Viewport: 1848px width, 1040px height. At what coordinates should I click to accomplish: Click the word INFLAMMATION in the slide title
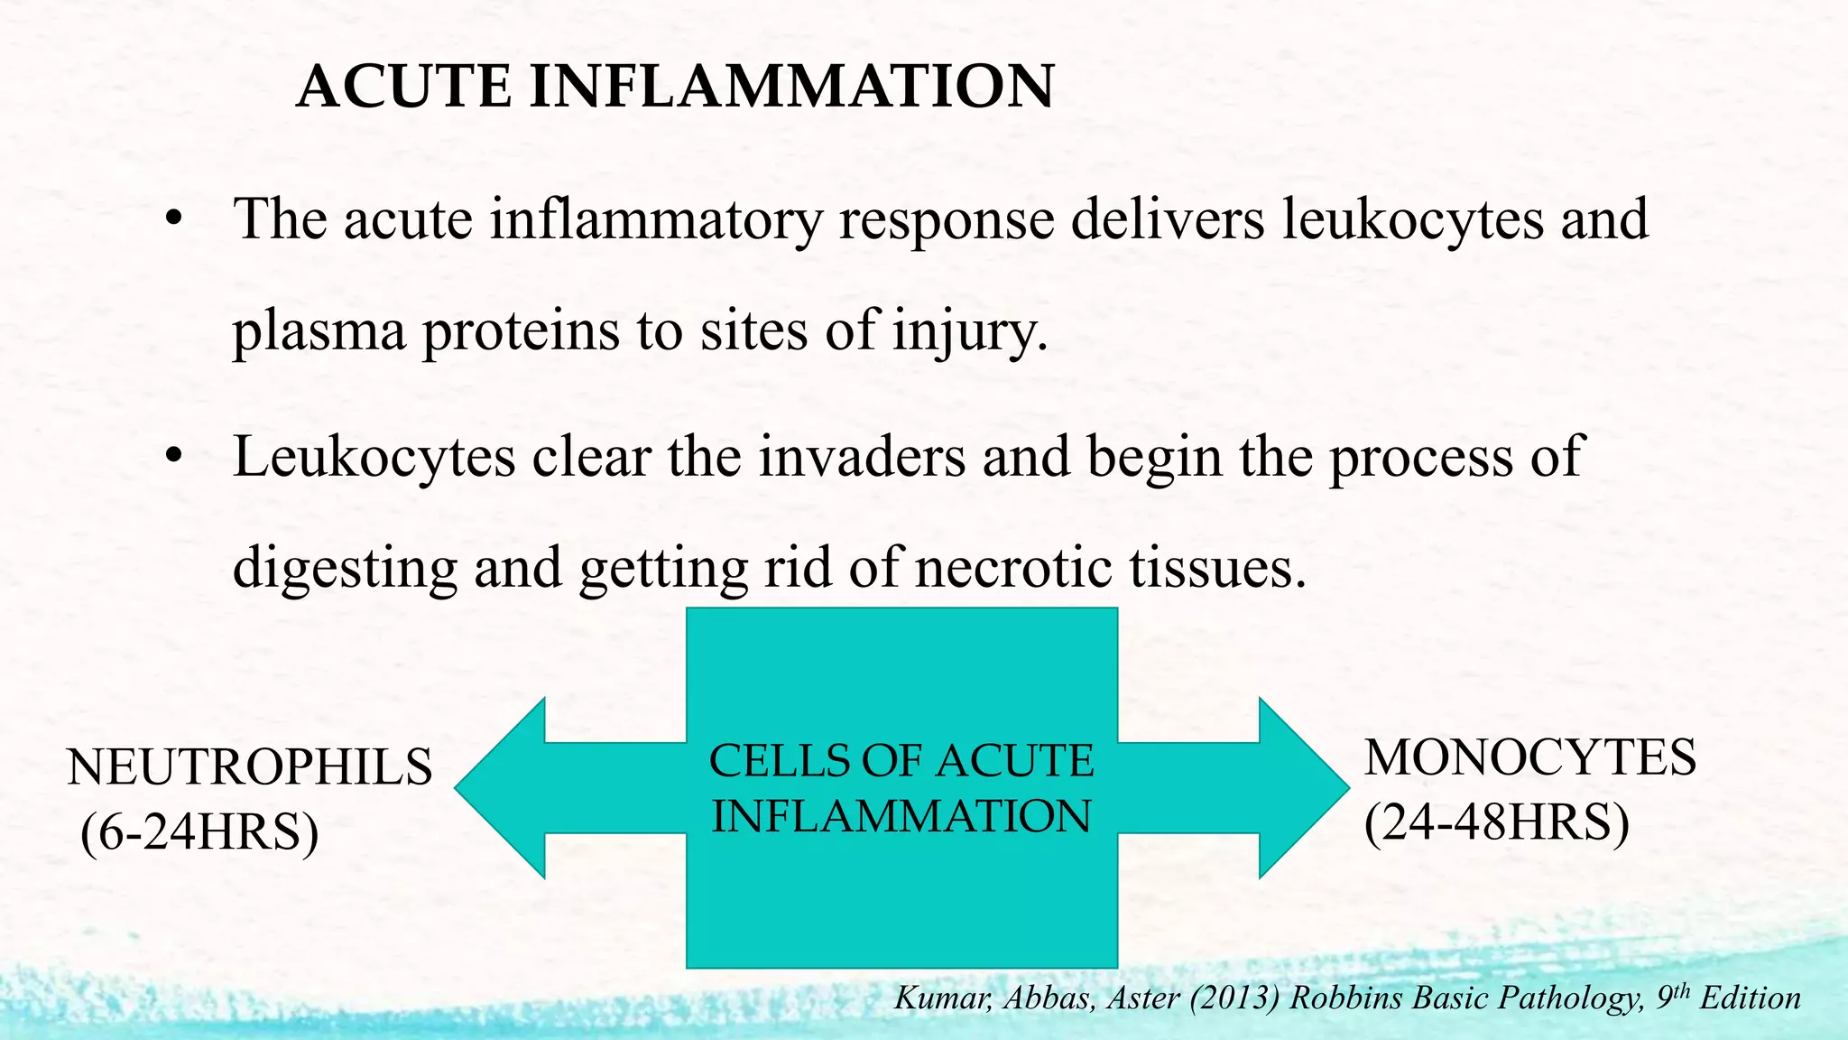click(790, 88)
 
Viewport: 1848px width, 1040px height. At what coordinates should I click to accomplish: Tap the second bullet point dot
click(174, 457)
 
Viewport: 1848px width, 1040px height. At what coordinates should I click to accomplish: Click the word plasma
click(319, 332)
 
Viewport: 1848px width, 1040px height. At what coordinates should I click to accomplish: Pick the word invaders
click(862, 457)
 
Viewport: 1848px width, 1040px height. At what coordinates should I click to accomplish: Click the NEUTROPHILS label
click(250, 768)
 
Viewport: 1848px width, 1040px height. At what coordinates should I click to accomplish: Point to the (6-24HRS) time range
click(199, 832)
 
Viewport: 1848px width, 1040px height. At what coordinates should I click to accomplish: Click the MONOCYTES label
click(1529, 758)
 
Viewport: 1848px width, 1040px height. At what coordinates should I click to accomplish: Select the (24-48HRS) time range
click(1496, 822)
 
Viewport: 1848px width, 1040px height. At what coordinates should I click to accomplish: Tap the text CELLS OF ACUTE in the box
click(901, 761)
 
